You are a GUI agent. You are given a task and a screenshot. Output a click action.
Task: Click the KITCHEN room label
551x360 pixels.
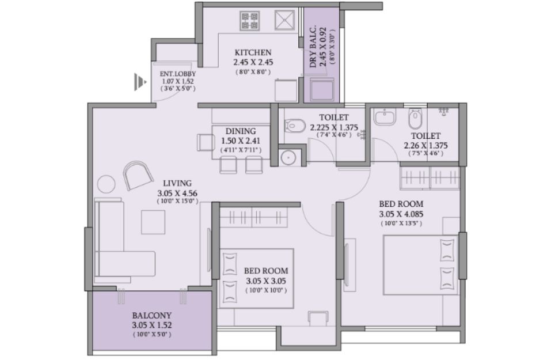tap(253, 53)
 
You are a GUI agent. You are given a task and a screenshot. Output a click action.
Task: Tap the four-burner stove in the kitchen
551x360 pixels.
tap(250, 21)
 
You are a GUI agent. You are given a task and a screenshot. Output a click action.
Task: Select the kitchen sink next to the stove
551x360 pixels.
tap(284, 21)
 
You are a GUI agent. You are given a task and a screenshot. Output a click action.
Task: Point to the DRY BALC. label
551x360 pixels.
tap(313, 47)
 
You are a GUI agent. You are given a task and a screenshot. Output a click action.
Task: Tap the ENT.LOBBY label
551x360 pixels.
tap(178, 74)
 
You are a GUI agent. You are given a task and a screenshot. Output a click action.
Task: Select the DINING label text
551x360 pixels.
tap(241, 131)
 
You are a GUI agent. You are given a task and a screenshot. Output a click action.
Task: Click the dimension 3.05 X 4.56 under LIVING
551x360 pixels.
tap(177, 193)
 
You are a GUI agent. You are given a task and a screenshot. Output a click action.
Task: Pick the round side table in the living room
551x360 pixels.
tap(106, 184)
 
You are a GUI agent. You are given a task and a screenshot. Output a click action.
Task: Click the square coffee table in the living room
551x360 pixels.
tap(153, 222)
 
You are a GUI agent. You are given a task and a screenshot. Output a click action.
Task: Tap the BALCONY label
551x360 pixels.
tap(152, 315)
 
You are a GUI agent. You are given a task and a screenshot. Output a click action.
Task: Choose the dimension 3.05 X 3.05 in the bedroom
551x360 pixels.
tap(266, 281)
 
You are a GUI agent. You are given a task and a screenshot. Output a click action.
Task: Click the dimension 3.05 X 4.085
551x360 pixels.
tap(401, 214)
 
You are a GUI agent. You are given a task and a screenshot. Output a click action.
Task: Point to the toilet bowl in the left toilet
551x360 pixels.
tap(295, 126)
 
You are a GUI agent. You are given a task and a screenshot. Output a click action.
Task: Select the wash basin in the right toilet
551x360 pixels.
tap(385, 117)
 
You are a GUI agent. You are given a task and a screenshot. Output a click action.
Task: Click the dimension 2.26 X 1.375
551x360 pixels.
tap(425, 146)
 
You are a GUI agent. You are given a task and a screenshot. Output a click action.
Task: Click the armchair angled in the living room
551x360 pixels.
tap(138, 176)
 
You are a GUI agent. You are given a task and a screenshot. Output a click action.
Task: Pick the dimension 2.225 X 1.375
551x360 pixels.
tap(334, 127)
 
